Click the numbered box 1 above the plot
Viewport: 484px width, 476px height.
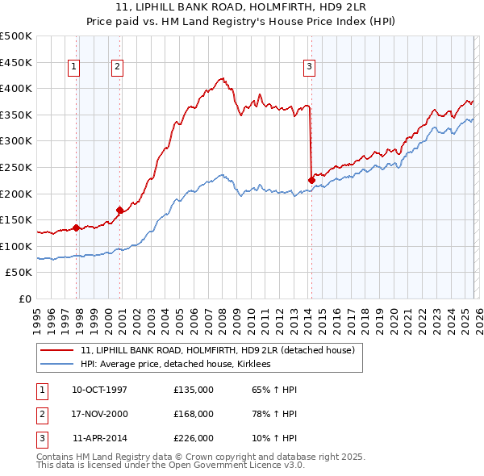(74, 67)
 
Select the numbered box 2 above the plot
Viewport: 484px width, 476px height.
(118, 67)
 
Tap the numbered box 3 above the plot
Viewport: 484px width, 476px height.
(309, 67)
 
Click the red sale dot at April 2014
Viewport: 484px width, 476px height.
(311, 180)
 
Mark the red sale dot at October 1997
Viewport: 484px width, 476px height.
(77, 228)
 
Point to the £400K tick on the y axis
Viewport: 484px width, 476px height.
(16, 89)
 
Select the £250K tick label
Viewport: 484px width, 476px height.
(16, 168)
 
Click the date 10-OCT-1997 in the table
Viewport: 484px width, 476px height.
(99, 390)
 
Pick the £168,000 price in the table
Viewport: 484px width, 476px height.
(194, 414)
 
